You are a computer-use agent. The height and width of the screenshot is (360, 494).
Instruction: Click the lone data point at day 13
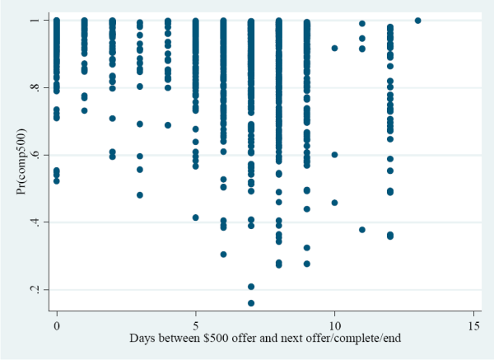click(x=417, y=21)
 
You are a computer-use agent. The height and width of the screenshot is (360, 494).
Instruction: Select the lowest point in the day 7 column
click(x=251, y=303)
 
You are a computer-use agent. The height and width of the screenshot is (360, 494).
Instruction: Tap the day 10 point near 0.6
click(x=334, y=155)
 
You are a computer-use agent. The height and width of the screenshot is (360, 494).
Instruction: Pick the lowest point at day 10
click(x=334, y=203)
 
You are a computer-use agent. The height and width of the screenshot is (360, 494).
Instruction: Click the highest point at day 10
click(x=334, y=49)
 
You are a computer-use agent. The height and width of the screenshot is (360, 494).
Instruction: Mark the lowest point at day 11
click(x=362, y=230)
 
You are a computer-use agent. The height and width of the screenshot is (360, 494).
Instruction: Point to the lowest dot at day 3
click(x=140, y=195)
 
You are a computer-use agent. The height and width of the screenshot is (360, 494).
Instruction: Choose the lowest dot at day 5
click(x=196, y=217)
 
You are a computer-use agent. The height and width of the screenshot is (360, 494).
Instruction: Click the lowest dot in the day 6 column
click(x=223, y=254)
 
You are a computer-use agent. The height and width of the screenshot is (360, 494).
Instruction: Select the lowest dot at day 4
click(x=168, y=125)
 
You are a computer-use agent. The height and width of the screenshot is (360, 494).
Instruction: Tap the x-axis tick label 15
click(x=473, y=325)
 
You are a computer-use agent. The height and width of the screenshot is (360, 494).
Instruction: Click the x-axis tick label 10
click(x=334, y=325)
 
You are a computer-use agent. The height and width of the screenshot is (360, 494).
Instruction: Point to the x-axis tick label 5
click(x=196, y=325)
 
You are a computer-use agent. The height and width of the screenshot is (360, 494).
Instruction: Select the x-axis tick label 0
click(x=57, y=325)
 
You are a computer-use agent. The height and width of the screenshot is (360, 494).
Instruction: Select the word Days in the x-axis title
click(x=142, y=339)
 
